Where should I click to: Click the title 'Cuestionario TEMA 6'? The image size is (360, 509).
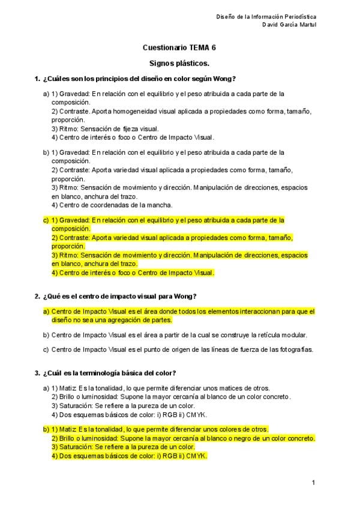pos(179,47)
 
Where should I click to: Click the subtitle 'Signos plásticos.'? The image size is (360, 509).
pos(179,63)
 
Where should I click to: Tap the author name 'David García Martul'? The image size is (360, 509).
pos(290,25)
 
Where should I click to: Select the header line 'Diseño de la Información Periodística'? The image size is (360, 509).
pos(266,17)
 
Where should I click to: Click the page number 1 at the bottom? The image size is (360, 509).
pos(313,482)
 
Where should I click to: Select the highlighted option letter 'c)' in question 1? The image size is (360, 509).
pos(46,220)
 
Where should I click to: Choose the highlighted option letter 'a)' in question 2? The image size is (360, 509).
pos(46,312)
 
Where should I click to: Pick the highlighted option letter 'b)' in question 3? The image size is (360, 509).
pos(46,429)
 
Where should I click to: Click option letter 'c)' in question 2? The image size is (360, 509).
pos(46,349)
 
